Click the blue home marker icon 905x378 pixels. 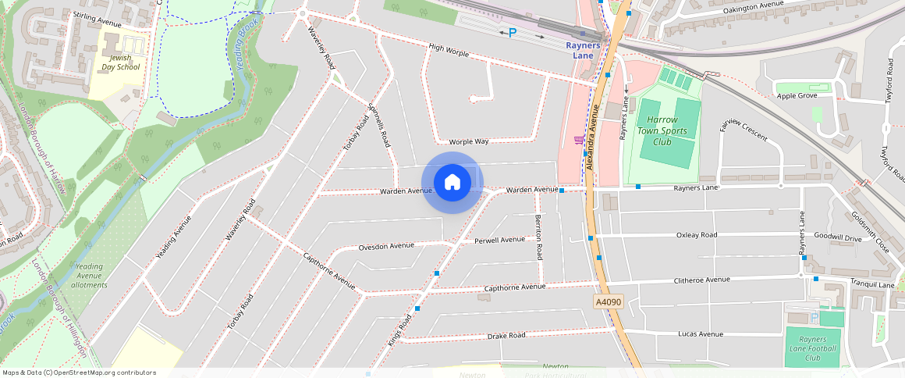(x=452, y=184)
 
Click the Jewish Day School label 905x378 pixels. (x=120, y=62)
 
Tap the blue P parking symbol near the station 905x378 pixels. (x=513, y=33)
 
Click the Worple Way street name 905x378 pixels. (x=469, y=141)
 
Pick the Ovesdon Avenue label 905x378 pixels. (x=386, y=246)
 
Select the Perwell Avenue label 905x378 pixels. (x=500, y=240)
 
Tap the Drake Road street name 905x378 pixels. (x=506, y=335)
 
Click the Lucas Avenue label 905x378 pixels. (x=700, y=333)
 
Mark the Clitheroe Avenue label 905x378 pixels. (x=701, y=280)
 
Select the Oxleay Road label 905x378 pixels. (x=697, y=234)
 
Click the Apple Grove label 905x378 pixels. (x=797, y=96)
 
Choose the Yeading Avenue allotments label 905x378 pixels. (x=89, y=276)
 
